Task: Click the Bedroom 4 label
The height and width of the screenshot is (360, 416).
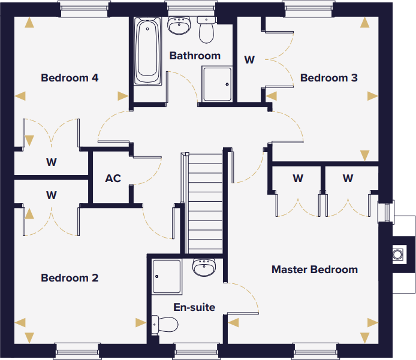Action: click(70, 78)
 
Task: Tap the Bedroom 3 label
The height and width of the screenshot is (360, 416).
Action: click(328, 78)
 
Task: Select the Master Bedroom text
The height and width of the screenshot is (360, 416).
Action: click(315, 270)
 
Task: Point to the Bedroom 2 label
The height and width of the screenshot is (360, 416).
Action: click(70, 278)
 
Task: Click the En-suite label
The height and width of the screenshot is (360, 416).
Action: click(194, 307)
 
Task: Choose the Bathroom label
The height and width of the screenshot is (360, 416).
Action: click(195, 56)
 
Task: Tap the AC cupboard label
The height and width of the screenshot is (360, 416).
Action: click(113, 179)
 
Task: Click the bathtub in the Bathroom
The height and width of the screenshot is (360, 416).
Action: click(147, 51)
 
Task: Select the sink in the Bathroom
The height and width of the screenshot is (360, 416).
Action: click(179, 25)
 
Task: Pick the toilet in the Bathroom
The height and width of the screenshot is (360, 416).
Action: click(206, 30)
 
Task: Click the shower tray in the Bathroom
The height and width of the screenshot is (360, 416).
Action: click(217, 84)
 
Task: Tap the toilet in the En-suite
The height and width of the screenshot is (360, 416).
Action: click(164, 324)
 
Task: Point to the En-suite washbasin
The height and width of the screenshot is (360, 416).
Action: click(204, 268)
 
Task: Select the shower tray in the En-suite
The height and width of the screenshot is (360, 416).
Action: click(167, 277)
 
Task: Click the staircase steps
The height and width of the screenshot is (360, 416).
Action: click(205, 204)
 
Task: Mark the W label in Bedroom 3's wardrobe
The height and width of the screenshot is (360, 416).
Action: click(249, 60)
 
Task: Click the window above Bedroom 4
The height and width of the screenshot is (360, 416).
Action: click(85, 9)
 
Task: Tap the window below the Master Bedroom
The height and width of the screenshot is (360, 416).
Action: click(315, 351)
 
